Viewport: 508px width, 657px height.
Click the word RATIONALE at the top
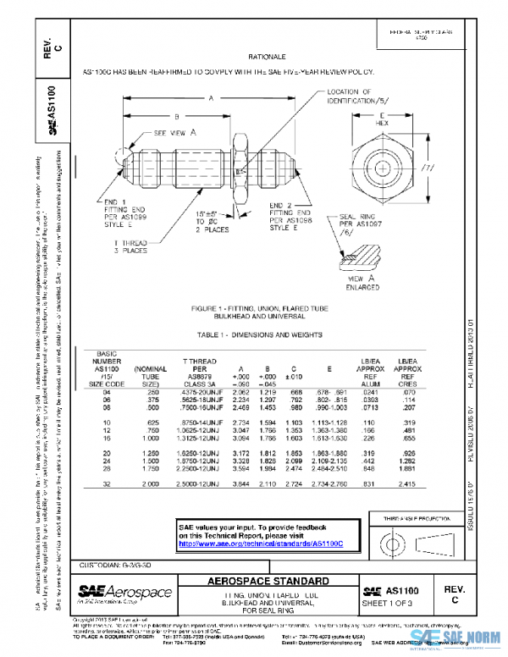click(x=264, y=56)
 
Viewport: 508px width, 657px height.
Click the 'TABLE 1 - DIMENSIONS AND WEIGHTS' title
click(x=264, y=334)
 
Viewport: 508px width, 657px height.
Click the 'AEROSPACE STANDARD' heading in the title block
click(x=264, y=582)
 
